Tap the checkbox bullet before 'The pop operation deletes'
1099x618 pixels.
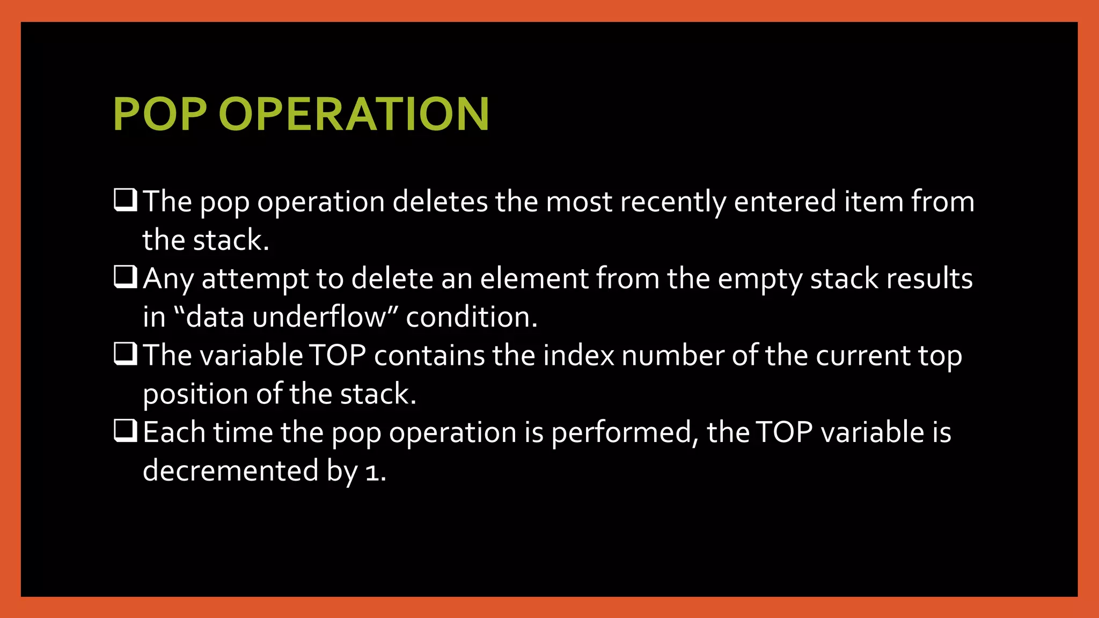(126, 200)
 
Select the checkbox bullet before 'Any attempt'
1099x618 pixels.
(126, 277)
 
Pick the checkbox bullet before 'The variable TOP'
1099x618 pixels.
(126, 354)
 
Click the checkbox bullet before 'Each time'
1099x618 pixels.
(126, 431)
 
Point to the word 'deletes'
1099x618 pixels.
(440, 202)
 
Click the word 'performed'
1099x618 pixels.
(621, 433)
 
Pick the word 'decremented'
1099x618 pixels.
(231, 471)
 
